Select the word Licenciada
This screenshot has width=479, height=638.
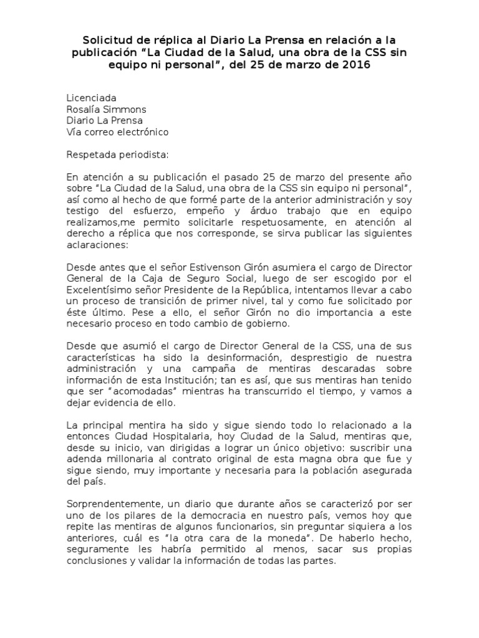[x=91, y=98]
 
